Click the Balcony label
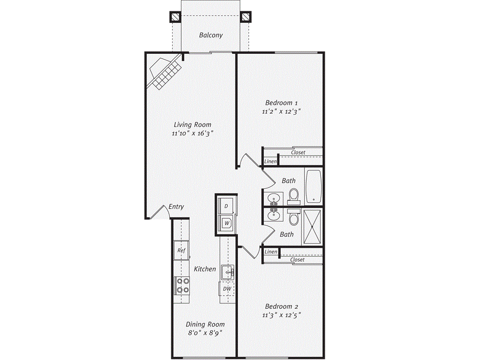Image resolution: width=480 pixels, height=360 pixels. [x=210, y=35]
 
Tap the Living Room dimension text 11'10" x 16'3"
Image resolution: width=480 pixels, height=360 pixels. [x=193, y=134]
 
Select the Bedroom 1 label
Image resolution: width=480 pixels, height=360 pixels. [x=281, y=103]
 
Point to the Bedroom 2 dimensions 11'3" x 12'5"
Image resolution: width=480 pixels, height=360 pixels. [x=281, y=315]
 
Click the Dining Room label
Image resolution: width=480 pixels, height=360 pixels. [x=205, y=324]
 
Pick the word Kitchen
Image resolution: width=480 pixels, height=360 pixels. [x=205, y=269]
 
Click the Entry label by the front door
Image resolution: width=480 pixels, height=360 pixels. [x=176, y=207]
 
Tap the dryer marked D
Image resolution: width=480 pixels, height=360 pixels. [x=226, y=206]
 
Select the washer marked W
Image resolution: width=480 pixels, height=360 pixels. [x=226, y=223]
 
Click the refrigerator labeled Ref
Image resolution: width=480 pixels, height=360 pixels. [x=181, y=251]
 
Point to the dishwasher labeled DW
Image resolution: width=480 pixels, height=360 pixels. [x=226, y=289]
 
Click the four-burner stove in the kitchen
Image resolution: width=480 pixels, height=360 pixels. [x=182, y=285]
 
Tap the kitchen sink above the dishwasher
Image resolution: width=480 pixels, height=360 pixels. [x=227, y=271]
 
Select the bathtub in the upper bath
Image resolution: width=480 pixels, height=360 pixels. [x=314, y=187]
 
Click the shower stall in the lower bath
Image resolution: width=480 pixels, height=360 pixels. [x=312, y=227]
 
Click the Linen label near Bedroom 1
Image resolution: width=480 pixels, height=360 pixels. [x=270, y=162]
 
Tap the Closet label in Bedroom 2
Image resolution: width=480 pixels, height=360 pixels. [x=297, y=260]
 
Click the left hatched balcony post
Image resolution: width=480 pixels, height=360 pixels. [x=175, y=17]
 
